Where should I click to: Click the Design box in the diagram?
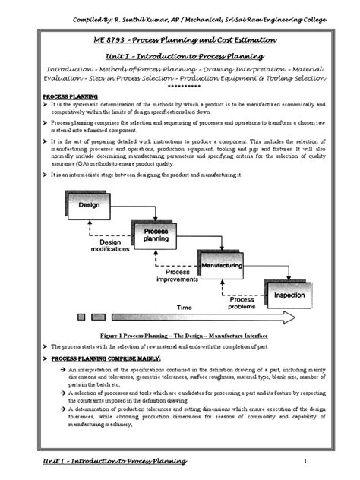90,204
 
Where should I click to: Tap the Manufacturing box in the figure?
221,267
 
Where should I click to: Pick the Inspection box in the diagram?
289,296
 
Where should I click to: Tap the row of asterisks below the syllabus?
178,87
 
